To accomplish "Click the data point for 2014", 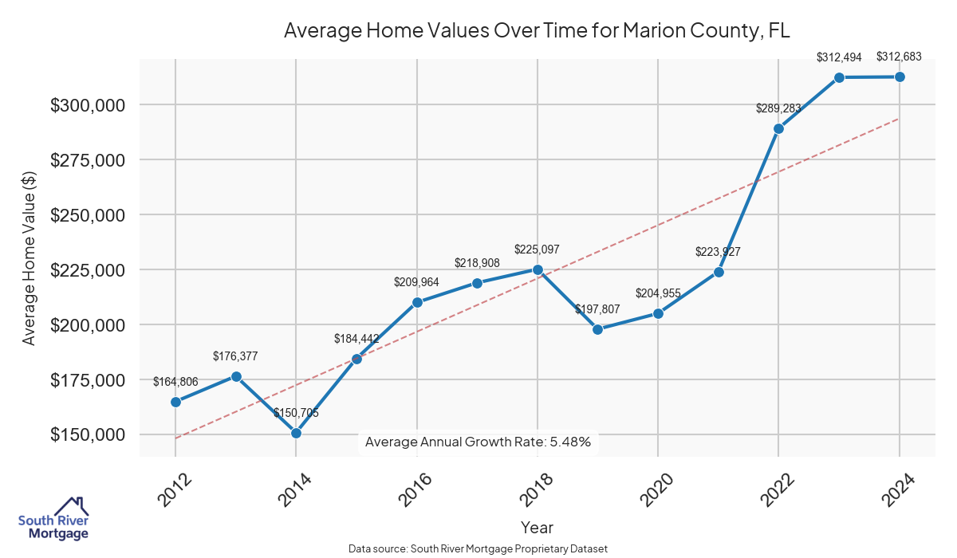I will [296, 433].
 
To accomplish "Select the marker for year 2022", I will [778, 128].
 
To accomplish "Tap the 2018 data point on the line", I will [538, 269].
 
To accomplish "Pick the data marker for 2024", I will [900, 77].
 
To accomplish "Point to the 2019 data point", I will [597, 329].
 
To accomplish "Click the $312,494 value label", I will [839, 57].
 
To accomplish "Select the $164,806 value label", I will [175, 382].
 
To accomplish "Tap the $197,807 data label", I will [597, 308].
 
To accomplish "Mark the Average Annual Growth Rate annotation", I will [478, 442].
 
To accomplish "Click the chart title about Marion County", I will [537, 31].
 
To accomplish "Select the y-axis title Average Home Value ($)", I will [29, 258].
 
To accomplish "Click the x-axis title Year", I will [537, 528].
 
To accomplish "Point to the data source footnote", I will [478, 549].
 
